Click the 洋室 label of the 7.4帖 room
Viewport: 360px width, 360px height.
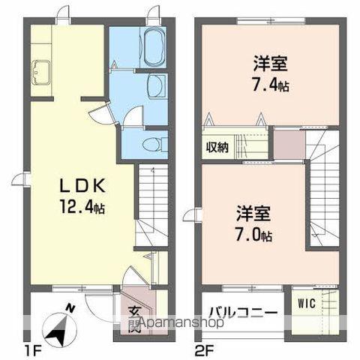click(250, 61)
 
